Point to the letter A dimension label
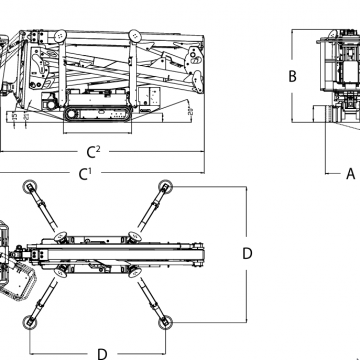(x=350, y=173)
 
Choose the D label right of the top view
(x=246, y=253)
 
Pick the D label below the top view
(x=101, y=353)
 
